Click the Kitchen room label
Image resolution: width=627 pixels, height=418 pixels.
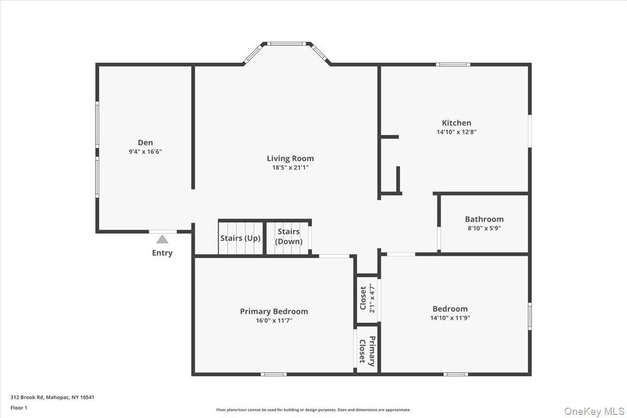pos(456,123)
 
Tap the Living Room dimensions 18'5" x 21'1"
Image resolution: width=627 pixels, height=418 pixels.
pos(290,168)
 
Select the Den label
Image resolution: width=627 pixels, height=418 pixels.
pos(145,142)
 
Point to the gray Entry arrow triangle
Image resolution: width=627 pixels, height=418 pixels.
pos(162,239)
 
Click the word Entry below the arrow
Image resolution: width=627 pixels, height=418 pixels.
pos(162,253)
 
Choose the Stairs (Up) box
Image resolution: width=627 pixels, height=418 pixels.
pos(240,238)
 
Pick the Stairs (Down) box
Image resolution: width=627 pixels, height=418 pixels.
pos(288,237)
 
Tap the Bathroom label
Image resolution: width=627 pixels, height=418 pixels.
pos(484,219)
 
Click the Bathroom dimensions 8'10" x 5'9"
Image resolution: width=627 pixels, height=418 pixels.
pos(484,228)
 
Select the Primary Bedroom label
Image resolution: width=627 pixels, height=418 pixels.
pos(274,311)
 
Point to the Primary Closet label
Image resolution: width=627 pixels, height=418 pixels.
pos(367,351)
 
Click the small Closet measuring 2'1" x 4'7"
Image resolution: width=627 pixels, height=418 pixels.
pos(367,298)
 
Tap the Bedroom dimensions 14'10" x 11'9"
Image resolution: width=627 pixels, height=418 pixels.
pos(450,318)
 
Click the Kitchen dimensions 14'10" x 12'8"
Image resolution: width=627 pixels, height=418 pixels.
pos(456,132)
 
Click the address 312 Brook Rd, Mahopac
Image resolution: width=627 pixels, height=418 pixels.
pos(52,397)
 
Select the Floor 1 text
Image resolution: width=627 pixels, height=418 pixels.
pos(19,408)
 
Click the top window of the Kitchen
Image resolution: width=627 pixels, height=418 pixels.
pos(453,64)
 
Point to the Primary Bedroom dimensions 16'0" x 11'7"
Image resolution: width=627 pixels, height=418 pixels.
pos(274,321)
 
